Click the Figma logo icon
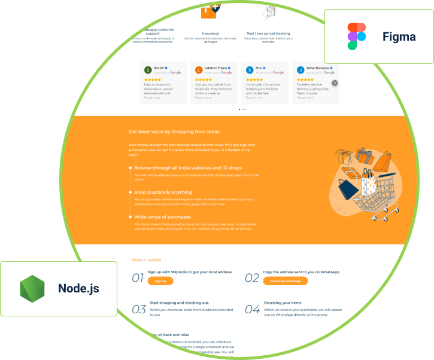pyautogui.click(x=357, y=36)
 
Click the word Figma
pyautogui.click(x=399, y=37)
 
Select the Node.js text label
pyautogui.click(x=78, y=289)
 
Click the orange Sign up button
pyautogui.click(x=160, y=281)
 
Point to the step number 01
pyautogui.click(x=138, y=278)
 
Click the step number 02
pyautogui.click(x=252, y=278)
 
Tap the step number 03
pyautogui.click(x=139, y=309)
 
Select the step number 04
pyautogui.click(x=252, y=309)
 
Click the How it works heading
pyautogui.click(x=146, y=260)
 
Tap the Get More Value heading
pyautogui.click(x=174, y=132)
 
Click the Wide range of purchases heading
pyautogui.click(x=162, y=216)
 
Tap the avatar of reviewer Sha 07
pyautogui.click(x=148, y=70)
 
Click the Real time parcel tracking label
pyautogui.click(x=268, y=33)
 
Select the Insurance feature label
pyautogui.click(x=210, y=33)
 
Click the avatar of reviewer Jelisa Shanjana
pyautogui.click(x=301, y=70)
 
